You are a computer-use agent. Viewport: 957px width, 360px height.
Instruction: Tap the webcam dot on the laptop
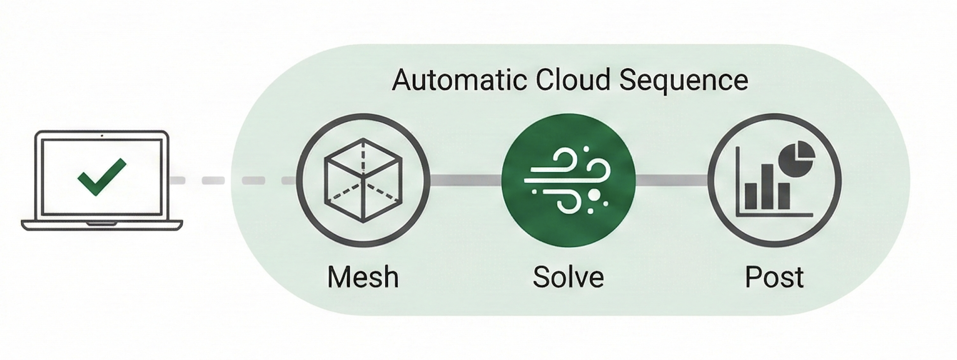pyautogui.click(x=102, y=136)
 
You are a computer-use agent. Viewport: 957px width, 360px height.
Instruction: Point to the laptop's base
pyautogui.click(x=102, y=225)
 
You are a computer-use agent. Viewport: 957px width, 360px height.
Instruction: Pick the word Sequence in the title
pyautogui.click(x=683, y=80)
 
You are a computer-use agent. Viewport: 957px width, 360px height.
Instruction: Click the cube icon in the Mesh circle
pyautogui.click(x=363, y=180)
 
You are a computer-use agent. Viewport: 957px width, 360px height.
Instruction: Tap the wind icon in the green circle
pyautogui.click(x=568, y=180)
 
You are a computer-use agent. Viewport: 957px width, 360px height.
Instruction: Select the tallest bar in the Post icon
pyautogui.click(x=767, y=187)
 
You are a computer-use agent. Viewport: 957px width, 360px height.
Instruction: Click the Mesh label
pyautogui.click(x=363, y=277)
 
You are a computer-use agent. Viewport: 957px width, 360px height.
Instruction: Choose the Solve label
pyautogui.click(x=568, y=277)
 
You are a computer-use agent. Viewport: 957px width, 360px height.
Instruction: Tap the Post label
pyautogui.click(x=774, y=277)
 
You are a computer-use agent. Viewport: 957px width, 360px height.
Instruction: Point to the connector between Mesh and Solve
pyautogui.click(x=466, y=180)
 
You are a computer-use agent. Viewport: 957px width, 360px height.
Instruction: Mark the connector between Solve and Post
pyautogui.click(x=672, y=180)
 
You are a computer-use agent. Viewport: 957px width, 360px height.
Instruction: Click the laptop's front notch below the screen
pyautogui.click(x=102, y=223)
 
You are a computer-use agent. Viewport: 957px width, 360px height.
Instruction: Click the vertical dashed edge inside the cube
pyautogui.click(x=363, y=157)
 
